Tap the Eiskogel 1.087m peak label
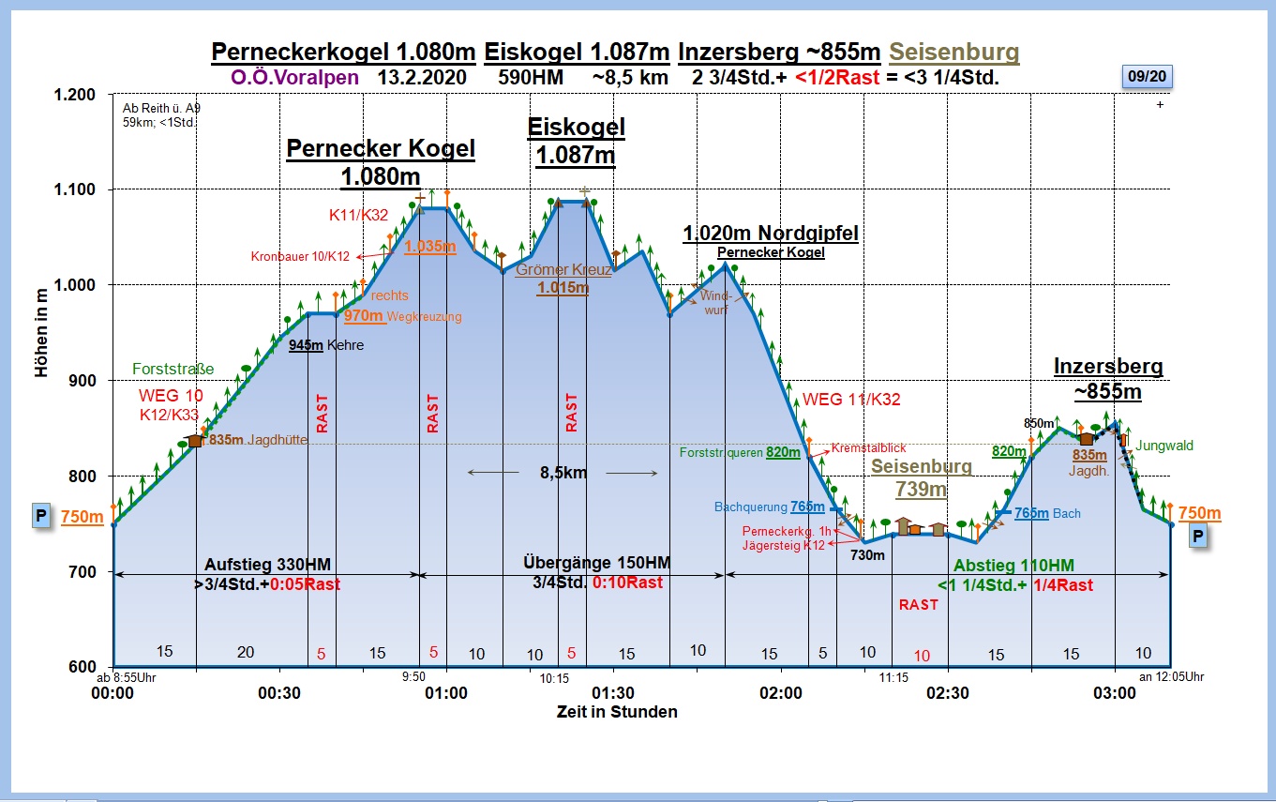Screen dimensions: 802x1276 point(576,141)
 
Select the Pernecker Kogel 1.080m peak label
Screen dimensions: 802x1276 point(381,161)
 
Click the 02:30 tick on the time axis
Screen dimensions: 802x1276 point(947,693)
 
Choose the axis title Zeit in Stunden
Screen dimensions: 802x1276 point(616,712)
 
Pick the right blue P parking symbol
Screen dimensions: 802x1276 point(1197,536)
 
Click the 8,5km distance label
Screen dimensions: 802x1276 point(563,473)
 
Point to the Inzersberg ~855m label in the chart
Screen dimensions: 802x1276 point(1107,378)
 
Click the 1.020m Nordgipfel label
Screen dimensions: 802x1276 point(771,234)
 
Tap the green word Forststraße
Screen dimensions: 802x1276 point(173,369)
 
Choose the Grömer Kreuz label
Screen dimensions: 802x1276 point(563,271)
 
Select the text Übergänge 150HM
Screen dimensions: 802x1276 point(596,563)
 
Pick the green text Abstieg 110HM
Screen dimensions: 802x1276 point(1013,566)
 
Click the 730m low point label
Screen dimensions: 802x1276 point(867,555)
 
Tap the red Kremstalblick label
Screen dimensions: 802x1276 point(868,448)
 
